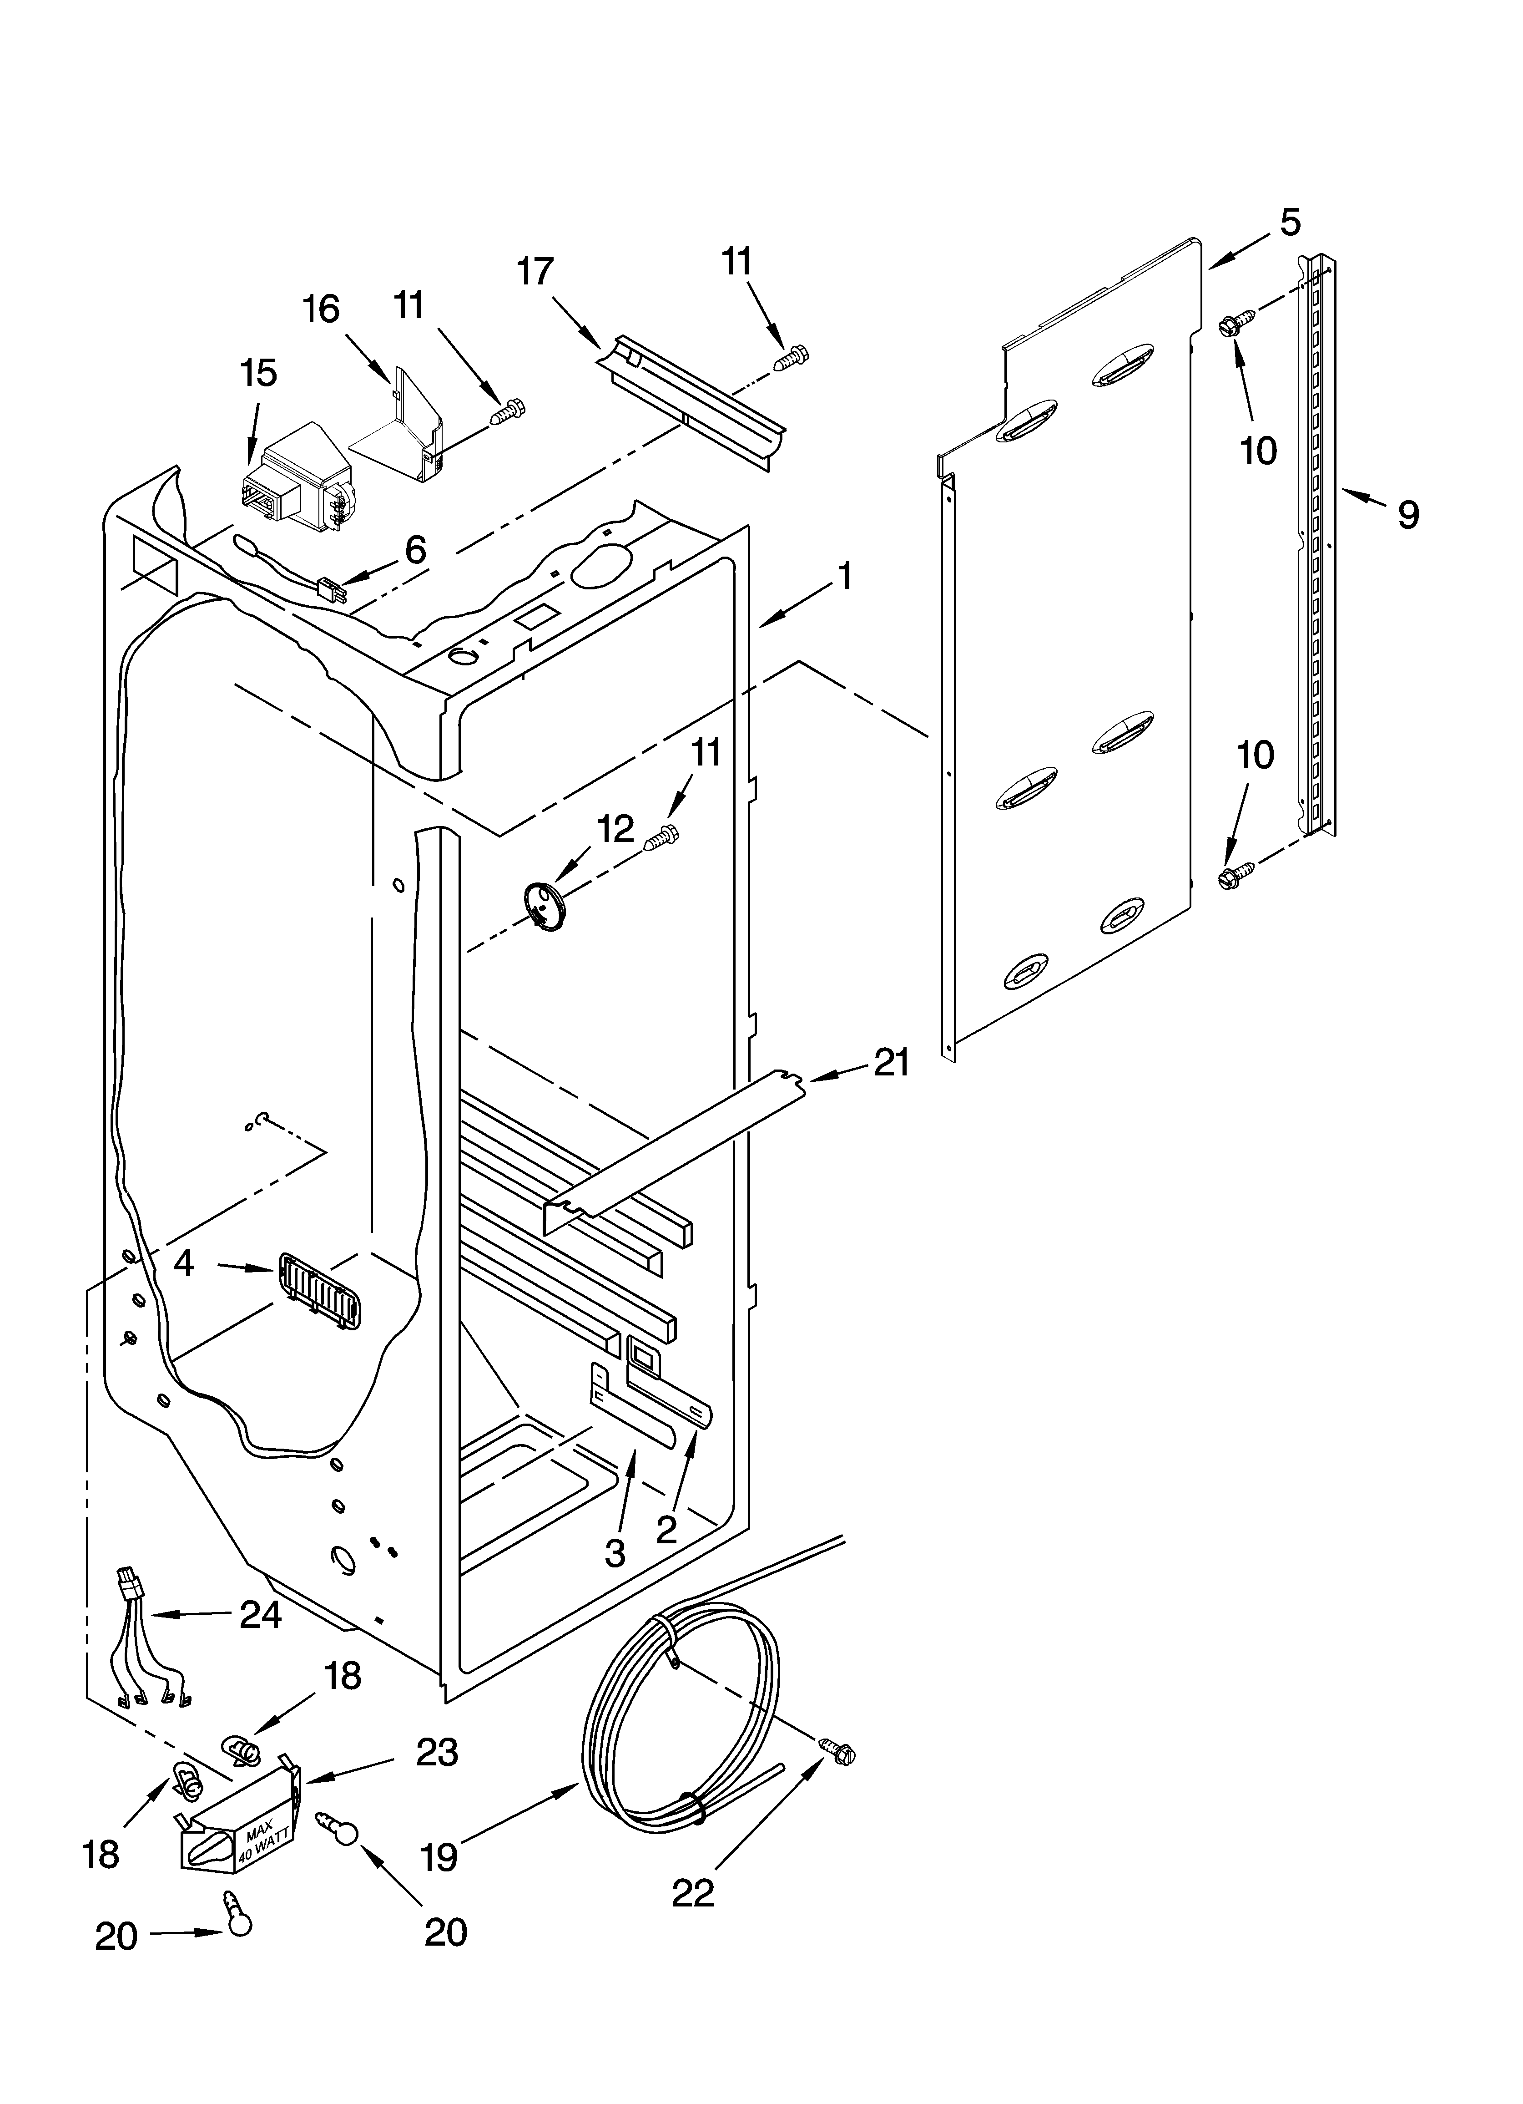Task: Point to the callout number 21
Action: (891, 1062)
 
